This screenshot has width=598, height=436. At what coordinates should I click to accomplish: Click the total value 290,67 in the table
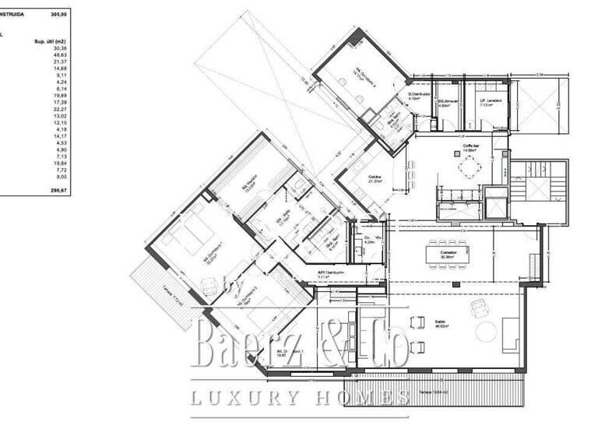[59, 189]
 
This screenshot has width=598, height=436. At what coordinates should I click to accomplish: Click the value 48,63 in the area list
[60, 54]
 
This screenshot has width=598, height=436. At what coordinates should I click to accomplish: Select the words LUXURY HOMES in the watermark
[300, 399]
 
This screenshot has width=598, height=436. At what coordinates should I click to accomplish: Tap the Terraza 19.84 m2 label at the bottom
[437, 391]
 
